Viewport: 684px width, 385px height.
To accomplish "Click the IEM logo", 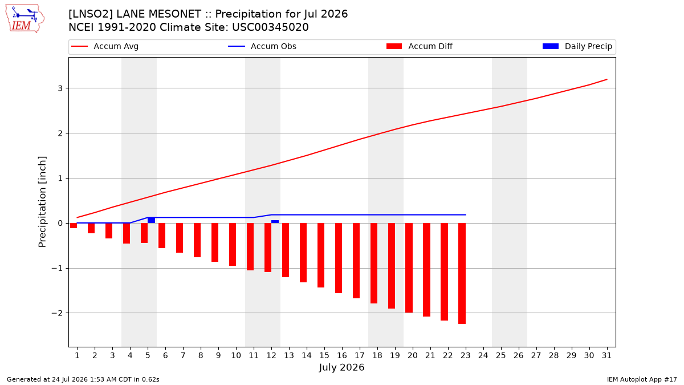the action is point(25,19).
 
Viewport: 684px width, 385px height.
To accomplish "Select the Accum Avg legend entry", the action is point(105,46).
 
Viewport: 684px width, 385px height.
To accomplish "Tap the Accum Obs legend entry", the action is point(262,46).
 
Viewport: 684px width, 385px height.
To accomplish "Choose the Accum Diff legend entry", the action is point(420,46).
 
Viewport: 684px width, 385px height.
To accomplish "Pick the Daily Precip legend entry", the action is point(577,46).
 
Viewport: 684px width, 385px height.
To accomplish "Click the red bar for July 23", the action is point(462,273).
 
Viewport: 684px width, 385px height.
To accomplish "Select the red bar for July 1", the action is point(74,225).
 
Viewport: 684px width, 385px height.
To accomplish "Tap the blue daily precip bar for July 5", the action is point(151,220).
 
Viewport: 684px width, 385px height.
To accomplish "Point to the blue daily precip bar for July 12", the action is point(275,221).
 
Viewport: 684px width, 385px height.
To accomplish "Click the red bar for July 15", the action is point(320,255).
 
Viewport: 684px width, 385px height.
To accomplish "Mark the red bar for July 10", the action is point(233,245).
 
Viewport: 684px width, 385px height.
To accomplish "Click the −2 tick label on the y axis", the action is point(57,313).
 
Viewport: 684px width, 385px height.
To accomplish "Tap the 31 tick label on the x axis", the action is point(606,355).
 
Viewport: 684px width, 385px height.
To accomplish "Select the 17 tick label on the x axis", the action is point(360,355).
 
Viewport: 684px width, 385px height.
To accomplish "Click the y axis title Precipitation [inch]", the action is point(42,202).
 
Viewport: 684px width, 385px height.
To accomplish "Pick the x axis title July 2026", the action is point(341,367).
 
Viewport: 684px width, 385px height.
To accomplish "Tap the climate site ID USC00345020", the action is point(270,27).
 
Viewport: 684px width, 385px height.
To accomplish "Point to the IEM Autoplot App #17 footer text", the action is point(642,379).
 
